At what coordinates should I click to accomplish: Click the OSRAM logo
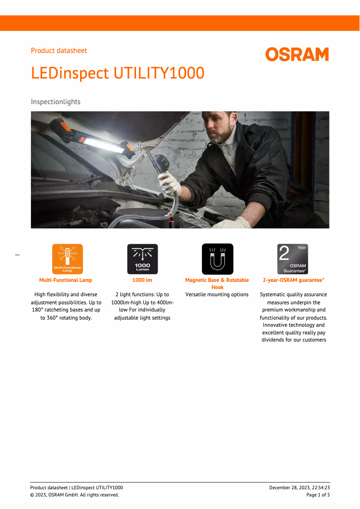297,55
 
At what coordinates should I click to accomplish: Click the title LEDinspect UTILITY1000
118,73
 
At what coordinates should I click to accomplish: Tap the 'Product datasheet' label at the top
59,51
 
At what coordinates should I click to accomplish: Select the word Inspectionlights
56,102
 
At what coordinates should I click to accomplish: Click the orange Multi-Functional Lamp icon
67,259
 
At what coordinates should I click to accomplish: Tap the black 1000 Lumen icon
142,259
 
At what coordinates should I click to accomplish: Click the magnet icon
217,259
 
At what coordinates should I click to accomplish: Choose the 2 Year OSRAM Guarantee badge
293,259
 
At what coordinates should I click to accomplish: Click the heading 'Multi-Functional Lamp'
66,280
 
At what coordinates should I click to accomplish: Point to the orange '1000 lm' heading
142,280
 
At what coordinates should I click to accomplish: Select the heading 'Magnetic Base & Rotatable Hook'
217,283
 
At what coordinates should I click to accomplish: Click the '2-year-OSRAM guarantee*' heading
294,280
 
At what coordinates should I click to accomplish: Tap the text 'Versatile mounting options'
217,295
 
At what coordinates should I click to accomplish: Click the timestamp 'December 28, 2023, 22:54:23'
299,488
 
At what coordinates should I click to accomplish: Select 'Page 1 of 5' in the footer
318,495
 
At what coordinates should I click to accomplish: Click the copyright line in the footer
75,495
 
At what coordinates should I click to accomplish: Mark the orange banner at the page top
180,23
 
